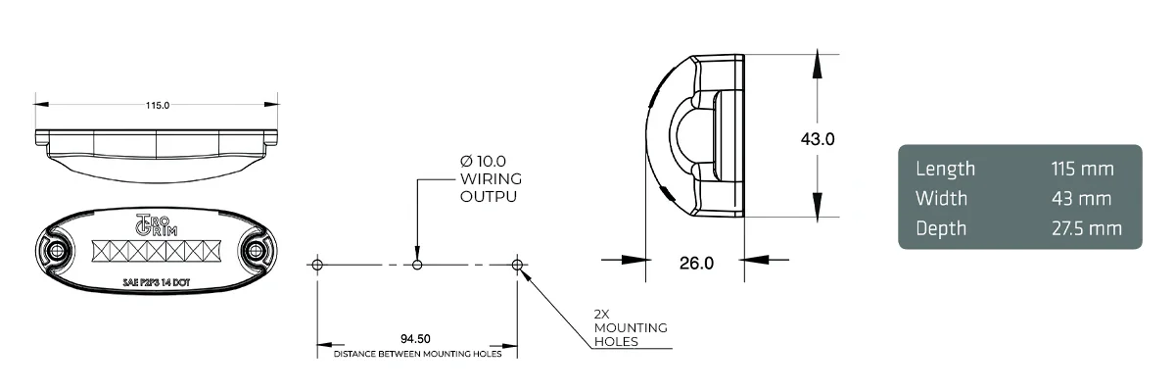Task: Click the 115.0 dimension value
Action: (158, 105)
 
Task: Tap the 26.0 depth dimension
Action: (695, 263)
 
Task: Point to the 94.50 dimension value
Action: (416, 338)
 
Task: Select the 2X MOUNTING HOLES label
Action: (631, 327)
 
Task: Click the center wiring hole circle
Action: (418, 265)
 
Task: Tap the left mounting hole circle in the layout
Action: (316, 265)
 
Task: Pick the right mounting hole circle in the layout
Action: (518, 265)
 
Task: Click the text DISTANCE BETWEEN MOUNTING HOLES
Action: (417, 354)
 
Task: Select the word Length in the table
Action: (945, 169)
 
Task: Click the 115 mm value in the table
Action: (1083, 169)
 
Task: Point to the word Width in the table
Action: (941, 199)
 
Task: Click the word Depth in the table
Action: (941, 229)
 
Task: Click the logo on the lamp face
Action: (153, 222)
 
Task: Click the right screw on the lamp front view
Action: (258, 251)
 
